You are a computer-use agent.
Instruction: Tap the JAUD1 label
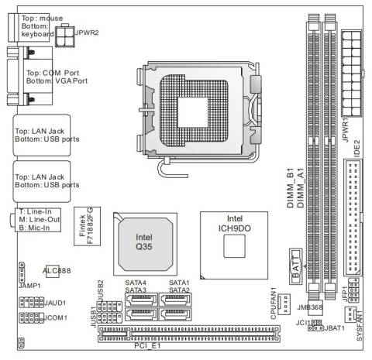pyautogui.click(x=55, y=303)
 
